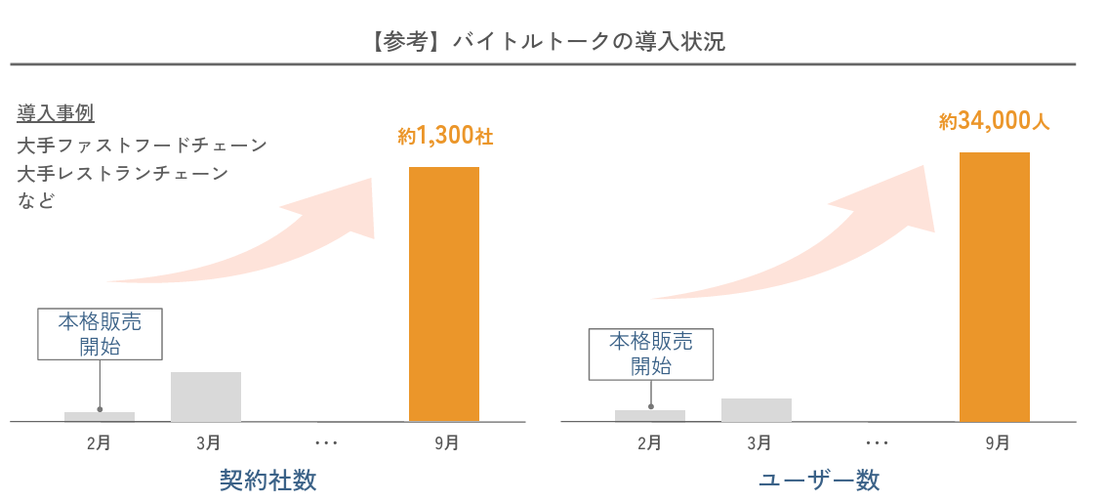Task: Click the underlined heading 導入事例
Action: pos(56,113)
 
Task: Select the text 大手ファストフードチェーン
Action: pos(143,146)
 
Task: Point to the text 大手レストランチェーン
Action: pos(123,174)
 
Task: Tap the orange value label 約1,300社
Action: pos(446,137)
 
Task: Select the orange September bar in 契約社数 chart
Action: pos(444,293)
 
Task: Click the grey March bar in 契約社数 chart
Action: pos(206,397)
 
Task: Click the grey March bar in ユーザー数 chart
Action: pos(757,409)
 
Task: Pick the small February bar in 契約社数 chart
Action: pos(100,417)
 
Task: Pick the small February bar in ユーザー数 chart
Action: pos(650,415)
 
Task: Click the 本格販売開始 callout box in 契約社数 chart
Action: pos(99,334)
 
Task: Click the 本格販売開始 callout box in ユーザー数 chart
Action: pos(651,354)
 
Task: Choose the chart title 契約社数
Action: pos(268,481)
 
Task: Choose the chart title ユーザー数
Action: pos(819,481)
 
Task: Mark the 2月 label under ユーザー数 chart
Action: pos(649,443)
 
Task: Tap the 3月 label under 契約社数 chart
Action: pos(207,443)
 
